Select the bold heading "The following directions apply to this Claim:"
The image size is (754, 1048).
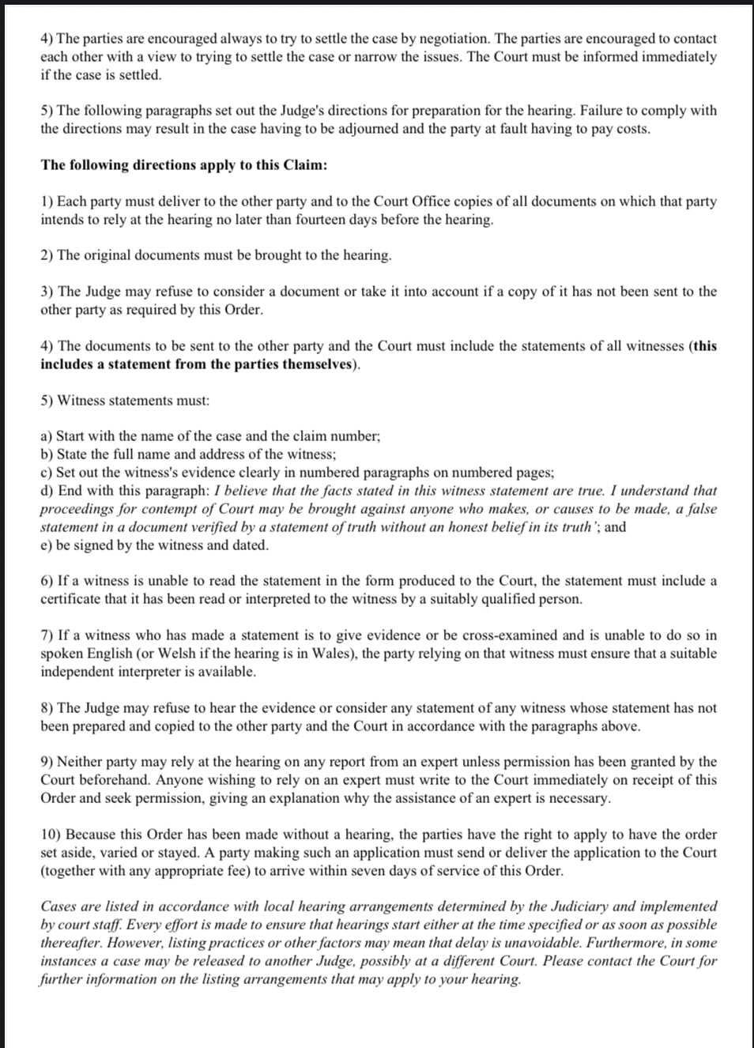coord(184,164)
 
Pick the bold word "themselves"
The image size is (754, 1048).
coord(316,364)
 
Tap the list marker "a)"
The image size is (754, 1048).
coord(47,435)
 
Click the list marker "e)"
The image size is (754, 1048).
coord(47,545)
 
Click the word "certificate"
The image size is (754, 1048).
coord(73,598)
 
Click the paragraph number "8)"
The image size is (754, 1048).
coord(47,707)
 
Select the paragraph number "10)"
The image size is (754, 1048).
coord(51,834)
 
